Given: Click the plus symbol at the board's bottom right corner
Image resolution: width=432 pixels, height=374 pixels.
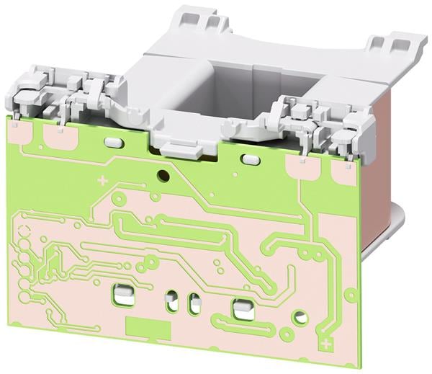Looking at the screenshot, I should tap(328, 344).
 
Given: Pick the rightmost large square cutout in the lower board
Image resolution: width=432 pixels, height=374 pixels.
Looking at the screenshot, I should tap(239, 308).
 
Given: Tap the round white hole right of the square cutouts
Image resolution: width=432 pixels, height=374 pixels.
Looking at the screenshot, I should tap(300, 316).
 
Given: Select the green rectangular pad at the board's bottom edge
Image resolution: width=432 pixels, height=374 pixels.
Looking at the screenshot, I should tap(144, 325).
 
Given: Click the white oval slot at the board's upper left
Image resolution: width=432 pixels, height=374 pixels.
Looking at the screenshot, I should tap(113, 142).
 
